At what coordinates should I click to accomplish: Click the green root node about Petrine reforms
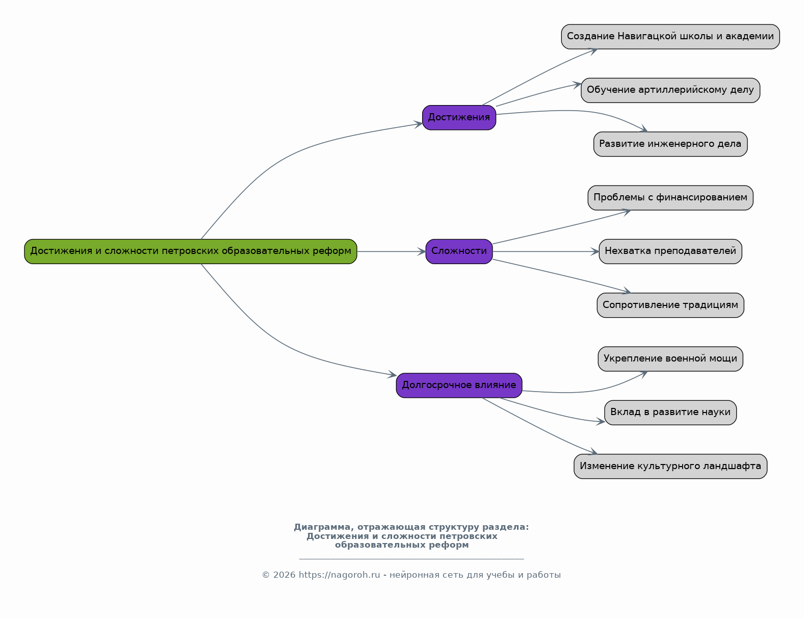point(191,251)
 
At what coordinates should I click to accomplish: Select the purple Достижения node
point(459,117)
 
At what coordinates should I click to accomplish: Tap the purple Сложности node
point(459,251)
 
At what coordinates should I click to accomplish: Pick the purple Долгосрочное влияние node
point(459,385)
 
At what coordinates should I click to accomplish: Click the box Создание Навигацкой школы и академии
point(670,37)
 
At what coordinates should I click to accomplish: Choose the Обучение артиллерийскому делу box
point(670,90)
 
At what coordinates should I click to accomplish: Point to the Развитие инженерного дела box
point(670,144)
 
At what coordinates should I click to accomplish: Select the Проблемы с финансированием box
point(670,198)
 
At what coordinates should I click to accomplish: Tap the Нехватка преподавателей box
point(670,251)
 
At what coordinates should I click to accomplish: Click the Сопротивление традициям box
point(670,305)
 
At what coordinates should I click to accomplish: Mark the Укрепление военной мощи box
point(670,358)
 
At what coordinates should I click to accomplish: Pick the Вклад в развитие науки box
point(670,412)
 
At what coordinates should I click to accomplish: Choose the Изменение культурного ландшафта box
point(670,466)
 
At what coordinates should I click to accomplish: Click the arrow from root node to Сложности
point(392,252)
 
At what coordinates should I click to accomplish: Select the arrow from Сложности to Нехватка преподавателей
point(546,252)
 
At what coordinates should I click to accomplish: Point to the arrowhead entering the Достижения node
point(418,124)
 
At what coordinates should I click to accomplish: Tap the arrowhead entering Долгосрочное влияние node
point(392,374)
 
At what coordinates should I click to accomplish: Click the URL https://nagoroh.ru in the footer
point(339,575)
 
